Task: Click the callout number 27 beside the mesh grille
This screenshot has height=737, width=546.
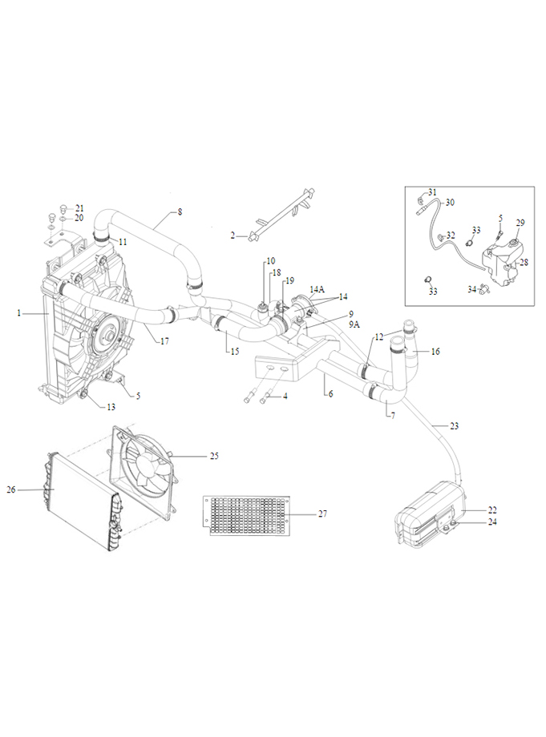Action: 322,513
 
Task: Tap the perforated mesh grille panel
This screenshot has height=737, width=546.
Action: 245,515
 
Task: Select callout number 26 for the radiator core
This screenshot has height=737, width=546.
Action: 11,489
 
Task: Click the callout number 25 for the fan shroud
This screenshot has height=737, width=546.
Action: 214,456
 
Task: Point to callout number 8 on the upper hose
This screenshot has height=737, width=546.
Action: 180,212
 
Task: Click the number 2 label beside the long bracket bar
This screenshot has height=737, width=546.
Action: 233,236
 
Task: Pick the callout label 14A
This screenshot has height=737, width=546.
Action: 317,289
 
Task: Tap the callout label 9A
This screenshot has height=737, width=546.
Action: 354,324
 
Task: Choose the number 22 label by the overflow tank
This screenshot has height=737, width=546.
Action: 492,510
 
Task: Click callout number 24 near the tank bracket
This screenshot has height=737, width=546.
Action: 492,522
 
